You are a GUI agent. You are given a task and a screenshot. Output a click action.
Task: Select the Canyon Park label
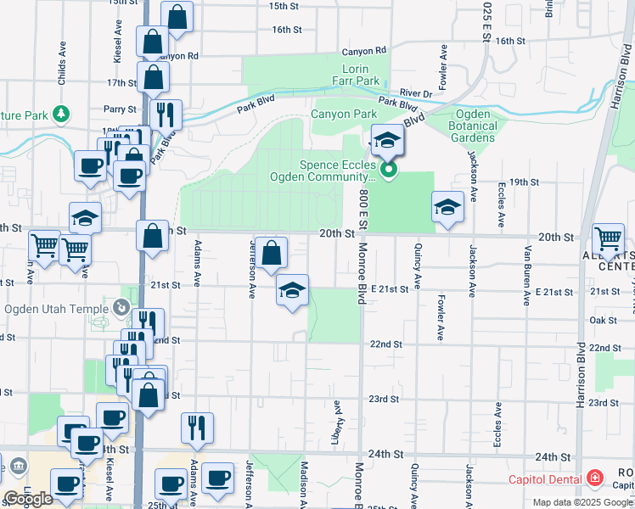pos(343,114)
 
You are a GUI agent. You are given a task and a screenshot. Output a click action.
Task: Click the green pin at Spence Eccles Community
pos(389,171)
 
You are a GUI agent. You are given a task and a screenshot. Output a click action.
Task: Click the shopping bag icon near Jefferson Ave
pos(271,253)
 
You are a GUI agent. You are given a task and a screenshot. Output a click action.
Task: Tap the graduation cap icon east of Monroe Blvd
pos(447,208)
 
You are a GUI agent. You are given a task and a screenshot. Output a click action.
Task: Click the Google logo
pos(27,499)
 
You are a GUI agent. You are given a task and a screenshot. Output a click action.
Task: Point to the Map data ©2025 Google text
pos(582,502)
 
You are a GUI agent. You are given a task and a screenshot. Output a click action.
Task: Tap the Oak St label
pos(603,320)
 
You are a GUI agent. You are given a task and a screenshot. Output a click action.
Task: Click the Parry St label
pos(120,109)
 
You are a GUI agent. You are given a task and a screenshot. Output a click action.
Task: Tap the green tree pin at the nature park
pos(60,113)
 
